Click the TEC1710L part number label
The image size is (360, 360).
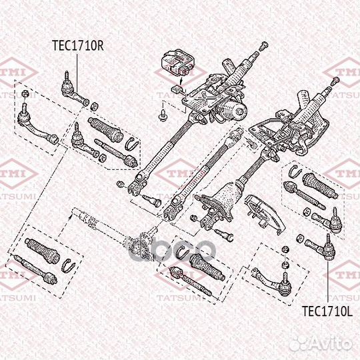(x=327, y=311)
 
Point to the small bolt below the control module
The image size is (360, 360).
(x=162, y=115)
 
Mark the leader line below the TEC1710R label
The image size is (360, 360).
(x=77, y=73)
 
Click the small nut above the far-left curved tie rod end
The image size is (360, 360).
(x=24, y=93)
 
